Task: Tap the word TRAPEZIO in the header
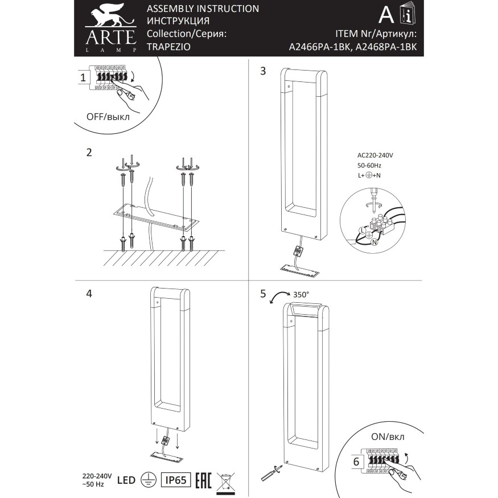click(166, 48)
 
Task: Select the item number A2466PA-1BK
click(319, 48)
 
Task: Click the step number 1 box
click(83, 77)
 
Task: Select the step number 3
click(263, 71)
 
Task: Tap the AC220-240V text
click(376, 155)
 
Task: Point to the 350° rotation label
click(301, 295)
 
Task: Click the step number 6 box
click(356, 462)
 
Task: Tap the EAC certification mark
click(204, 480)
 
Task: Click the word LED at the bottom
click(126, 480)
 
